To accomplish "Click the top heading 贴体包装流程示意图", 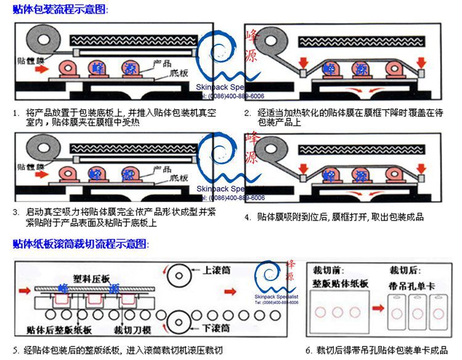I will tap(60, 10).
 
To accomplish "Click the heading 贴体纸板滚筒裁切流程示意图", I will tap(80, 244).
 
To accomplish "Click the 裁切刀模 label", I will tap(132, 329).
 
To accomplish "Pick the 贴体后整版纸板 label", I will tap(60, 329).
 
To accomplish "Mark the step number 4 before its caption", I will tap(247, 217).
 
